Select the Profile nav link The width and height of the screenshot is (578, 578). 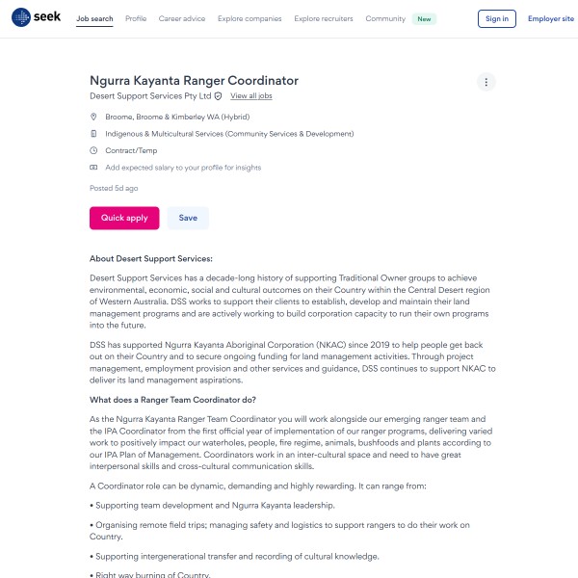(136, 18)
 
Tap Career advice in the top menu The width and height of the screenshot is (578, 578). (182, 18)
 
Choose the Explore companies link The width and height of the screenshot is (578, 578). (250, 18)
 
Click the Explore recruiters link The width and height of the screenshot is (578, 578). (324, 18)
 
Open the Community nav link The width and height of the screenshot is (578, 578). (385, 18)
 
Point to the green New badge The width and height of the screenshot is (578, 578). (424, 18)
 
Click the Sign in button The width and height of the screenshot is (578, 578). (497, 18)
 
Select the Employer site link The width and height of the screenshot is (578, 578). (551, 18)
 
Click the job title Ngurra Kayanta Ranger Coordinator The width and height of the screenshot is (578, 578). (194, 81)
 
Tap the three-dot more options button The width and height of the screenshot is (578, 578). (486, 82)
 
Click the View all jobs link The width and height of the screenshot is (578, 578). (251, 96)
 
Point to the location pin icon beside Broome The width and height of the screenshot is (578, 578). (93, 117)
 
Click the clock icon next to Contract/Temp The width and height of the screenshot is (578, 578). (93, 150)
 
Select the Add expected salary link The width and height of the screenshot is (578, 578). (182, 168)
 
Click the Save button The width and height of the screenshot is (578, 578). (188, 218)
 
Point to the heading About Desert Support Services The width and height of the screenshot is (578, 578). (151, 259)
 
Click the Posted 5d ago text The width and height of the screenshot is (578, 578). (114, 188)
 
